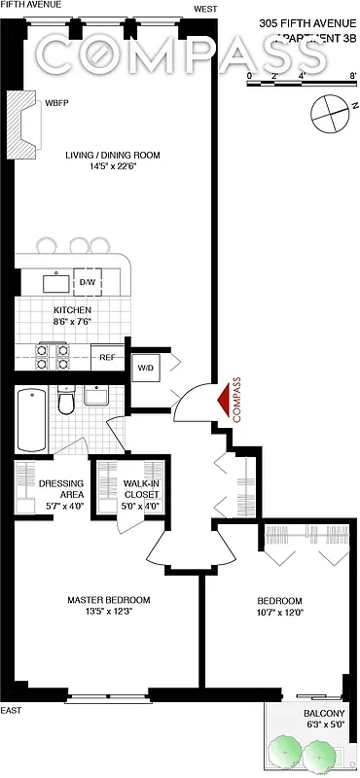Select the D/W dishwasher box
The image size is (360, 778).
click(87, 283)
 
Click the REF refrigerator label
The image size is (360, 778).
click(107, 357)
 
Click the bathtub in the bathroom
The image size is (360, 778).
click(32, 419)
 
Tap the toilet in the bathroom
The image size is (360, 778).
click(65, 402)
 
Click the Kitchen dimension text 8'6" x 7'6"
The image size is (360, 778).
click(72, 323)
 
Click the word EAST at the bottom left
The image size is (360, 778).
click(12, 711)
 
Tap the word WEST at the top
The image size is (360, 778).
click(205, 9)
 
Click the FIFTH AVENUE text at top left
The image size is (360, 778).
click(30, 5)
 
